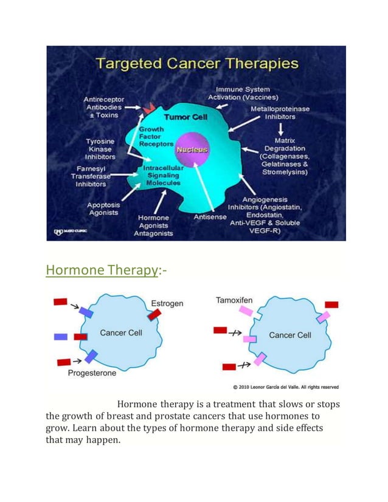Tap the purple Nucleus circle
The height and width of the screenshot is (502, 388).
pos(192,150)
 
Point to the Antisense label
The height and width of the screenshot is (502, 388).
pos(210,217)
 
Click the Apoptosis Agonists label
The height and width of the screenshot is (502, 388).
pos(103,209)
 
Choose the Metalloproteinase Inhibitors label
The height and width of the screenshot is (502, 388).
pos(280,112)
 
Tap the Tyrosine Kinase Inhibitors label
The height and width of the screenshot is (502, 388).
pos(100,149)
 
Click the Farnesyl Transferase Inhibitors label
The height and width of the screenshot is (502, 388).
pos(91,176)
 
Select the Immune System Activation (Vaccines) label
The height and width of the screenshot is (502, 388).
pos(243,94)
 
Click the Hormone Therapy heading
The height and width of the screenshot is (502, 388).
pos(101,270)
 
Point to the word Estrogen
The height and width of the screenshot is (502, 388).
pos(167,303)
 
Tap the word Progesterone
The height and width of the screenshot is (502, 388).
pos(92,373)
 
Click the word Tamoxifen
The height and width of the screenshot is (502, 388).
pos(234,300)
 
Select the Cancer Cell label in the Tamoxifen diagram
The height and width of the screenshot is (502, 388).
pos(290,335)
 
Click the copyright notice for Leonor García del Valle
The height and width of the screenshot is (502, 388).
pos(286,387)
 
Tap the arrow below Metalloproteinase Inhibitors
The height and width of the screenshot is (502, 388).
pos(280,129)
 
